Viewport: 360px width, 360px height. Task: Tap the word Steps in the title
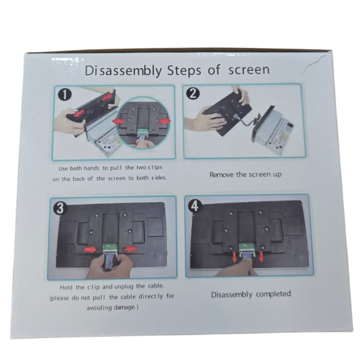(x=184, y=71)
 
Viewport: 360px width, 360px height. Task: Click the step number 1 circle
(x=64, y=94)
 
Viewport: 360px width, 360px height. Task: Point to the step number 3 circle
(x=60, y=209)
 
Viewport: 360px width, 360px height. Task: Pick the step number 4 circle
(x=195, y=206)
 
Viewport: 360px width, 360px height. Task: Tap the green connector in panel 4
(x=247, y=247)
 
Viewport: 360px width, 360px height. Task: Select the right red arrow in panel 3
(x=130, y=249)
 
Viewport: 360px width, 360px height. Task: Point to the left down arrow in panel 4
(x=234, y=256)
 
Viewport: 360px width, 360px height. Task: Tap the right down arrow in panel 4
(x=261, y=256)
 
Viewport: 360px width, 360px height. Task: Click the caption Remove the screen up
(x=245, y=175)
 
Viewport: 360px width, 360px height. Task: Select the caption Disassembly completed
(x=251, y=294)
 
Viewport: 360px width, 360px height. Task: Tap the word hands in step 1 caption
(x=91, y=168)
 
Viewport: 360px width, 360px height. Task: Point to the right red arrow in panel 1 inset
(x=165, y=121)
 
